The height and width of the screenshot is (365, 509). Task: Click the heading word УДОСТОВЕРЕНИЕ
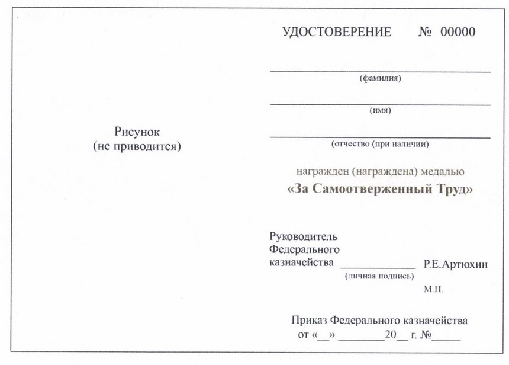pos(337,32)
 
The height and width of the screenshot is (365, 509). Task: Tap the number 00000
pos(458,32)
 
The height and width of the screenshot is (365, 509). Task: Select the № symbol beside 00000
pos(426,32)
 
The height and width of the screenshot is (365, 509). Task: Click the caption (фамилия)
pos(380,79)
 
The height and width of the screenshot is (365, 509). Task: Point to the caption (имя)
pos(380,110)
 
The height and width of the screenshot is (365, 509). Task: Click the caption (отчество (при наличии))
pos(380,143)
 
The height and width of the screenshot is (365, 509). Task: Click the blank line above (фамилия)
pos(380,71)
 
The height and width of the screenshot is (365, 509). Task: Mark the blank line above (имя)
pos(380,104)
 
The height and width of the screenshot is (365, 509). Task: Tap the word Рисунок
pos(137,132)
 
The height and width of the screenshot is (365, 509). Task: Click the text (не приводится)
pos(137,146)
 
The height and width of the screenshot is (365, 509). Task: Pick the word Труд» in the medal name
pos(453,190)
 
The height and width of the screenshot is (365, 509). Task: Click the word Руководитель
pos(303,238)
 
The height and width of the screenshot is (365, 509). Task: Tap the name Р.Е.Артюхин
pos(456,264)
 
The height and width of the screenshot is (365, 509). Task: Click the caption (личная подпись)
pos(379,276)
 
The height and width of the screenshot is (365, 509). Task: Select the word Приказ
pos(309,321)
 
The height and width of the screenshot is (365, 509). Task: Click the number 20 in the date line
pos(390,335)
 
